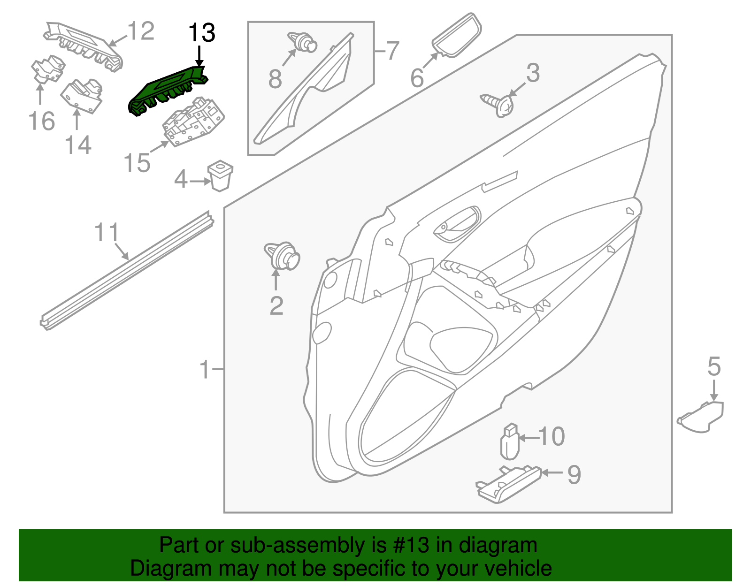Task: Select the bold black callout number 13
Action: pyautogui.click(x=201, y=33)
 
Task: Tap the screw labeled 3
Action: pyautogui.click(x=499, y=104)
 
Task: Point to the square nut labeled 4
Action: pyautogui.click(x=220, y=175)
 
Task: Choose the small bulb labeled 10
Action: pyautogui.click(x=510, y=442)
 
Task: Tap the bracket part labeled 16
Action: pyautogui.click(x=47, y=70)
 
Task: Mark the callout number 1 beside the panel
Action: pyautogui.click(x=205, y=370)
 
